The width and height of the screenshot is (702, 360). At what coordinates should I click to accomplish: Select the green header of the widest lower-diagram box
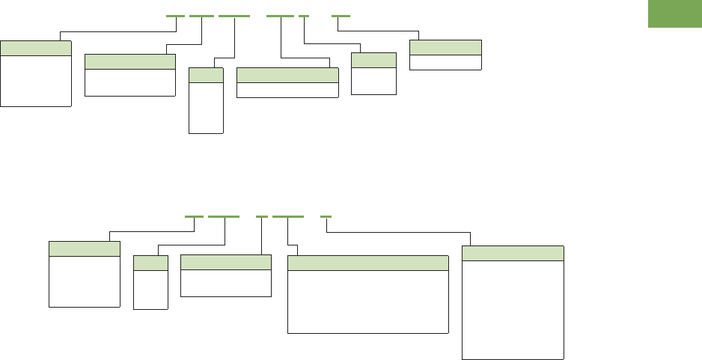coord(368,263)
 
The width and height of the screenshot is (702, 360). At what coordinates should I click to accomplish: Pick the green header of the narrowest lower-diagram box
coord(150,263)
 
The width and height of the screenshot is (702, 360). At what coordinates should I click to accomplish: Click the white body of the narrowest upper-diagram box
coord(206,107)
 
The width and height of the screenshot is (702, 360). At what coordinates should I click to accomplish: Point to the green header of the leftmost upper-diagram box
coord(36,49)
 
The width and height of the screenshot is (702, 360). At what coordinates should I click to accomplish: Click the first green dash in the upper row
coord(175,16)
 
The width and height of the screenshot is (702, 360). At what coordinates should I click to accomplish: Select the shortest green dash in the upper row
coord(303,16)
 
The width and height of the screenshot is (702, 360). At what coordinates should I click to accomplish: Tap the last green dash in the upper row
coord(340,16)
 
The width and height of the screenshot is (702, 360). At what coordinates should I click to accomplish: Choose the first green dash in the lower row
coord(194,216)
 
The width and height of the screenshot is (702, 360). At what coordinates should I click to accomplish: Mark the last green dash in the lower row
coord(326,216)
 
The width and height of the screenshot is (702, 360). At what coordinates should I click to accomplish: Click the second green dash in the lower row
coord(223,216)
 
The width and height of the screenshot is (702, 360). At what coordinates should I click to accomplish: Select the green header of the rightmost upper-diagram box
coord(445,46)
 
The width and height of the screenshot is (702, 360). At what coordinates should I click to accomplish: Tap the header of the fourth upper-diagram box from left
coord(287,75)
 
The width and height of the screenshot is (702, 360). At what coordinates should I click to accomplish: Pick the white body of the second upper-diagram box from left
coord(130,82)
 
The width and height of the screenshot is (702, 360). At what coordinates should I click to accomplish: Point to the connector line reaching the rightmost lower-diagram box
coord(404,232)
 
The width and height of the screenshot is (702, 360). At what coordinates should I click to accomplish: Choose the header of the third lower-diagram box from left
coord(225,262)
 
